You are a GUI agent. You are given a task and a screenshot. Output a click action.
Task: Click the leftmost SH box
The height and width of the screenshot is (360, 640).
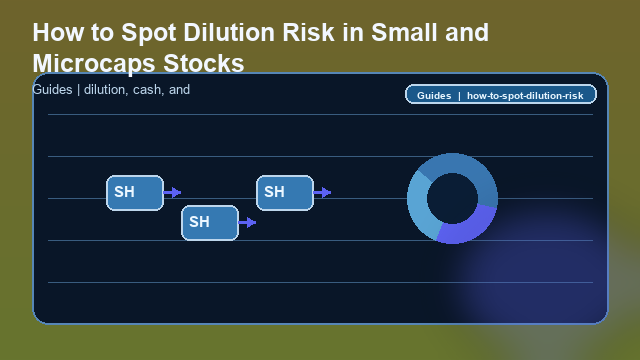[135, 192]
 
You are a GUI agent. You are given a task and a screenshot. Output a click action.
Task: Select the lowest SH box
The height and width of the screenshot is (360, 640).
[210, 222]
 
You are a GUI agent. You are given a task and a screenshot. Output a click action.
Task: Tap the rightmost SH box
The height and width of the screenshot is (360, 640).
[285, 192]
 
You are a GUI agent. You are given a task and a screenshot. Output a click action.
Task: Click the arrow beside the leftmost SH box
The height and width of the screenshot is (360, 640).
[172, 192]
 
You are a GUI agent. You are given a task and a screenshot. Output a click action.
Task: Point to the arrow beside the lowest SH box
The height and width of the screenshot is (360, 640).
[247, 222]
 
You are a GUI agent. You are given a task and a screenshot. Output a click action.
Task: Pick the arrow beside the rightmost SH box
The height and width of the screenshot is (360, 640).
[322, 192]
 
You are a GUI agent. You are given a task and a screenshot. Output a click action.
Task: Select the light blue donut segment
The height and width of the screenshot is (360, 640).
[420, 211]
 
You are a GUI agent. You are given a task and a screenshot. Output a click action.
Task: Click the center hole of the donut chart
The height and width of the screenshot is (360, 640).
[452, 198]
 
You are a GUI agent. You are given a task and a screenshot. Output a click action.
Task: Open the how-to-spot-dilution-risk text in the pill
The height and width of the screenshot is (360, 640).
[525, 95]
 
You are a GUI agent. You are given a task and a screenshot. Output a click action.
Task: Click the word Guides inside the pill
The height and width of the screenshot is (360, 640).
[434, 95]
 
